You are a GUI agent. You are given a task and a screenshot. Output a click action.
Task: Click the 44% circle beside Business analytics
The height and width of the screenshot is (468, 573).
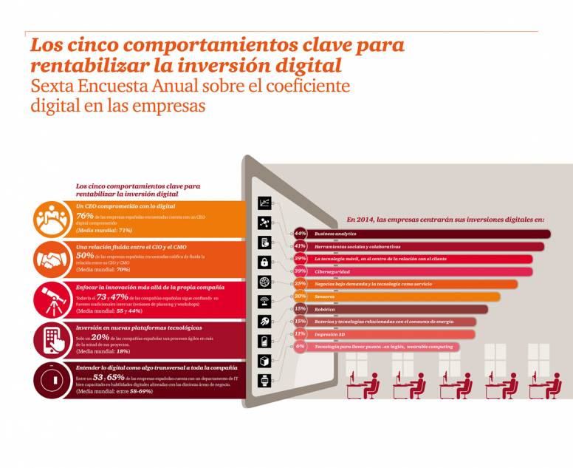(x=300, y=234)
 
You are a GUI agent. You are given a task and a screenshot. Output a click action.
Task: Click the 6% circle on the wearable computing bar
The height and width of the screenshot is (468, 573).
(x=300, y=346)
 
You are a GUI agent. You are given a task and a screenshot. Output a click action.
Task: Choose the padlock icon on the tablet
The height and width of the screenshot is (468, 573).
(x=264, y=262)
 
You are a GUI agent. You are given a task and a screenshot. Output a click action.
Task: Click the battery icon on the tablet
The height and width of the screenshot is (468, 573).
(x=264, y=341)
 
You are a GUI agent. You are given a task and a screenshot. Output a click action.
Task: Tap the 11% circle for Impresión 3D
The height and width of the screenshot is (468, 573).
(x=300, y=334)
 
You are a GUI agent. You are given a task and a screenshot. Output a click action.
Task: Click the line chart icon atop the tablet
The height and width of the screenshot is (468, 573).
(x=264, y=203)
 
